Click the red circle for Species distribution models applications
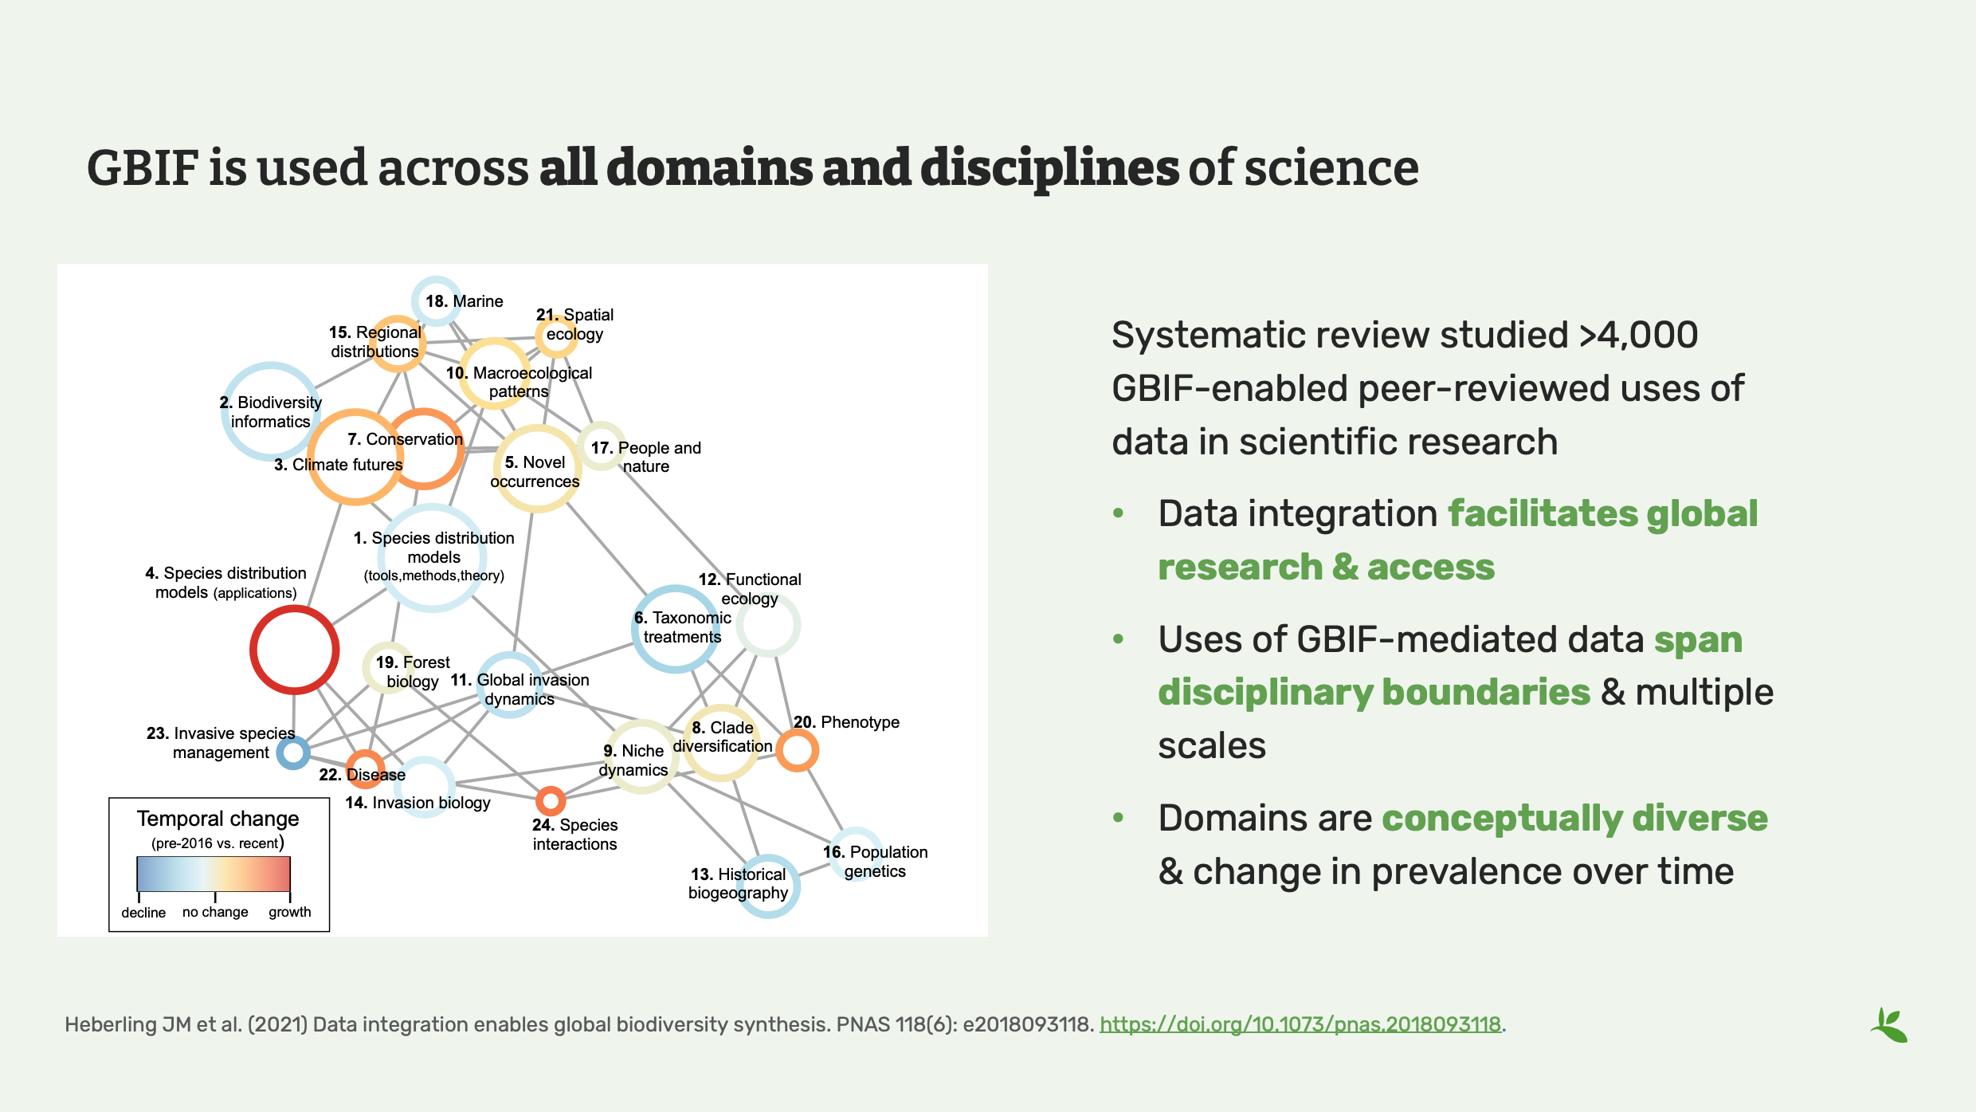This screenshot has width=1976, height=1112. point(294,650)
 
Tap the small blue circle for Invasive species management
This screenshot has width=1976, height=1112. point(293,752)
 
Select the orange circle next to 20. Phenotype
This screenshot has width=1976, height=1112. point(797,750)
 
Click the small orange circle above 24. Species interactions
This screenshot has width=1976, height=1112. point(551,800)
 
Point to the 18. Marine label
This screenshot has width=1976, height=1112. point(464,301)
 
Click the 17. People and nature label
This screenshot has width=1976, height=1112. point(645,457)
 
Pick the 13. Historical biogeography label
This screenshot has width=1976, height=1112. point(738,883)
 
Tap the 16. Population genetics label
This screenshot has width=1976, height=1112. point(875,862)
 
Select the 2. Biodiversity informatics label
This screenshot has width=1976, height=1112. point(270,412)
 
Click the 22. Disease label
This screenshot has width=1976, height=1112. point(363,775)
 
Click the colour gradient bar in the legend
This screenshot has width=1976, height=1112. point(214,874)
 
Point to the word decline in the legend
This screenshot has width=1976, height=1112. point(143,913)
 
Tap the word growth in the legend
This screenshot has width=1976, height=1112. point(289,912)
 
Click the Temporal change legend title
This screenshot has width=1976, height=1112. point(218,819)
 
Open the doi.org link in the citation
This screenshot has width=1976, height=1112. point(1300,1024)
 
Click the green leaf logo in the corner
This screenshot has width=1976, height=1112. point(1889,1025)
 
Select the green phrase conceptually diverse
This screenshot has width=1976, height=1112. point(1574,819)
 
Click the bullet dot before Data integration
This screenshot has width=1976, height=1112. point(1119,513)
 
